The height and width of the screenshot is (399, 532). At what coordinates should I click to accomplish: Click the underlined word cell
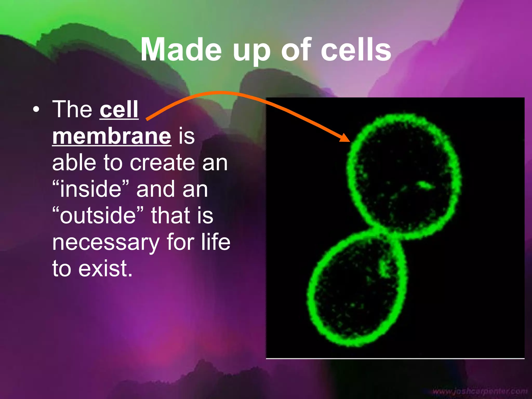[119, 110]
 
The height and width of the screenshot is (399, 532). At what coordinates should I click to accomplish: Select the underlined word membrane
[112, 136]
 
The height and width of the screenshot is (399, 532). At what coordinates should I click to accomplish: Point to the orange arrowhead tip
[349, 142]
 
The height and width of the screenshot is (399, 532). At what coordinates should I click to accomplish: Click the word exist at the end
[105, 269]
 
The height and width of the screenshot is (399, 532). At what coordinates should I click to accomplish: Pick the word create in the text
[162, 163]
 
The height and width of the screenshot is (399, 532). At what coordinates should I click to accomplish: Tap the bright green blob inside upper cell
[425, 185]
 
